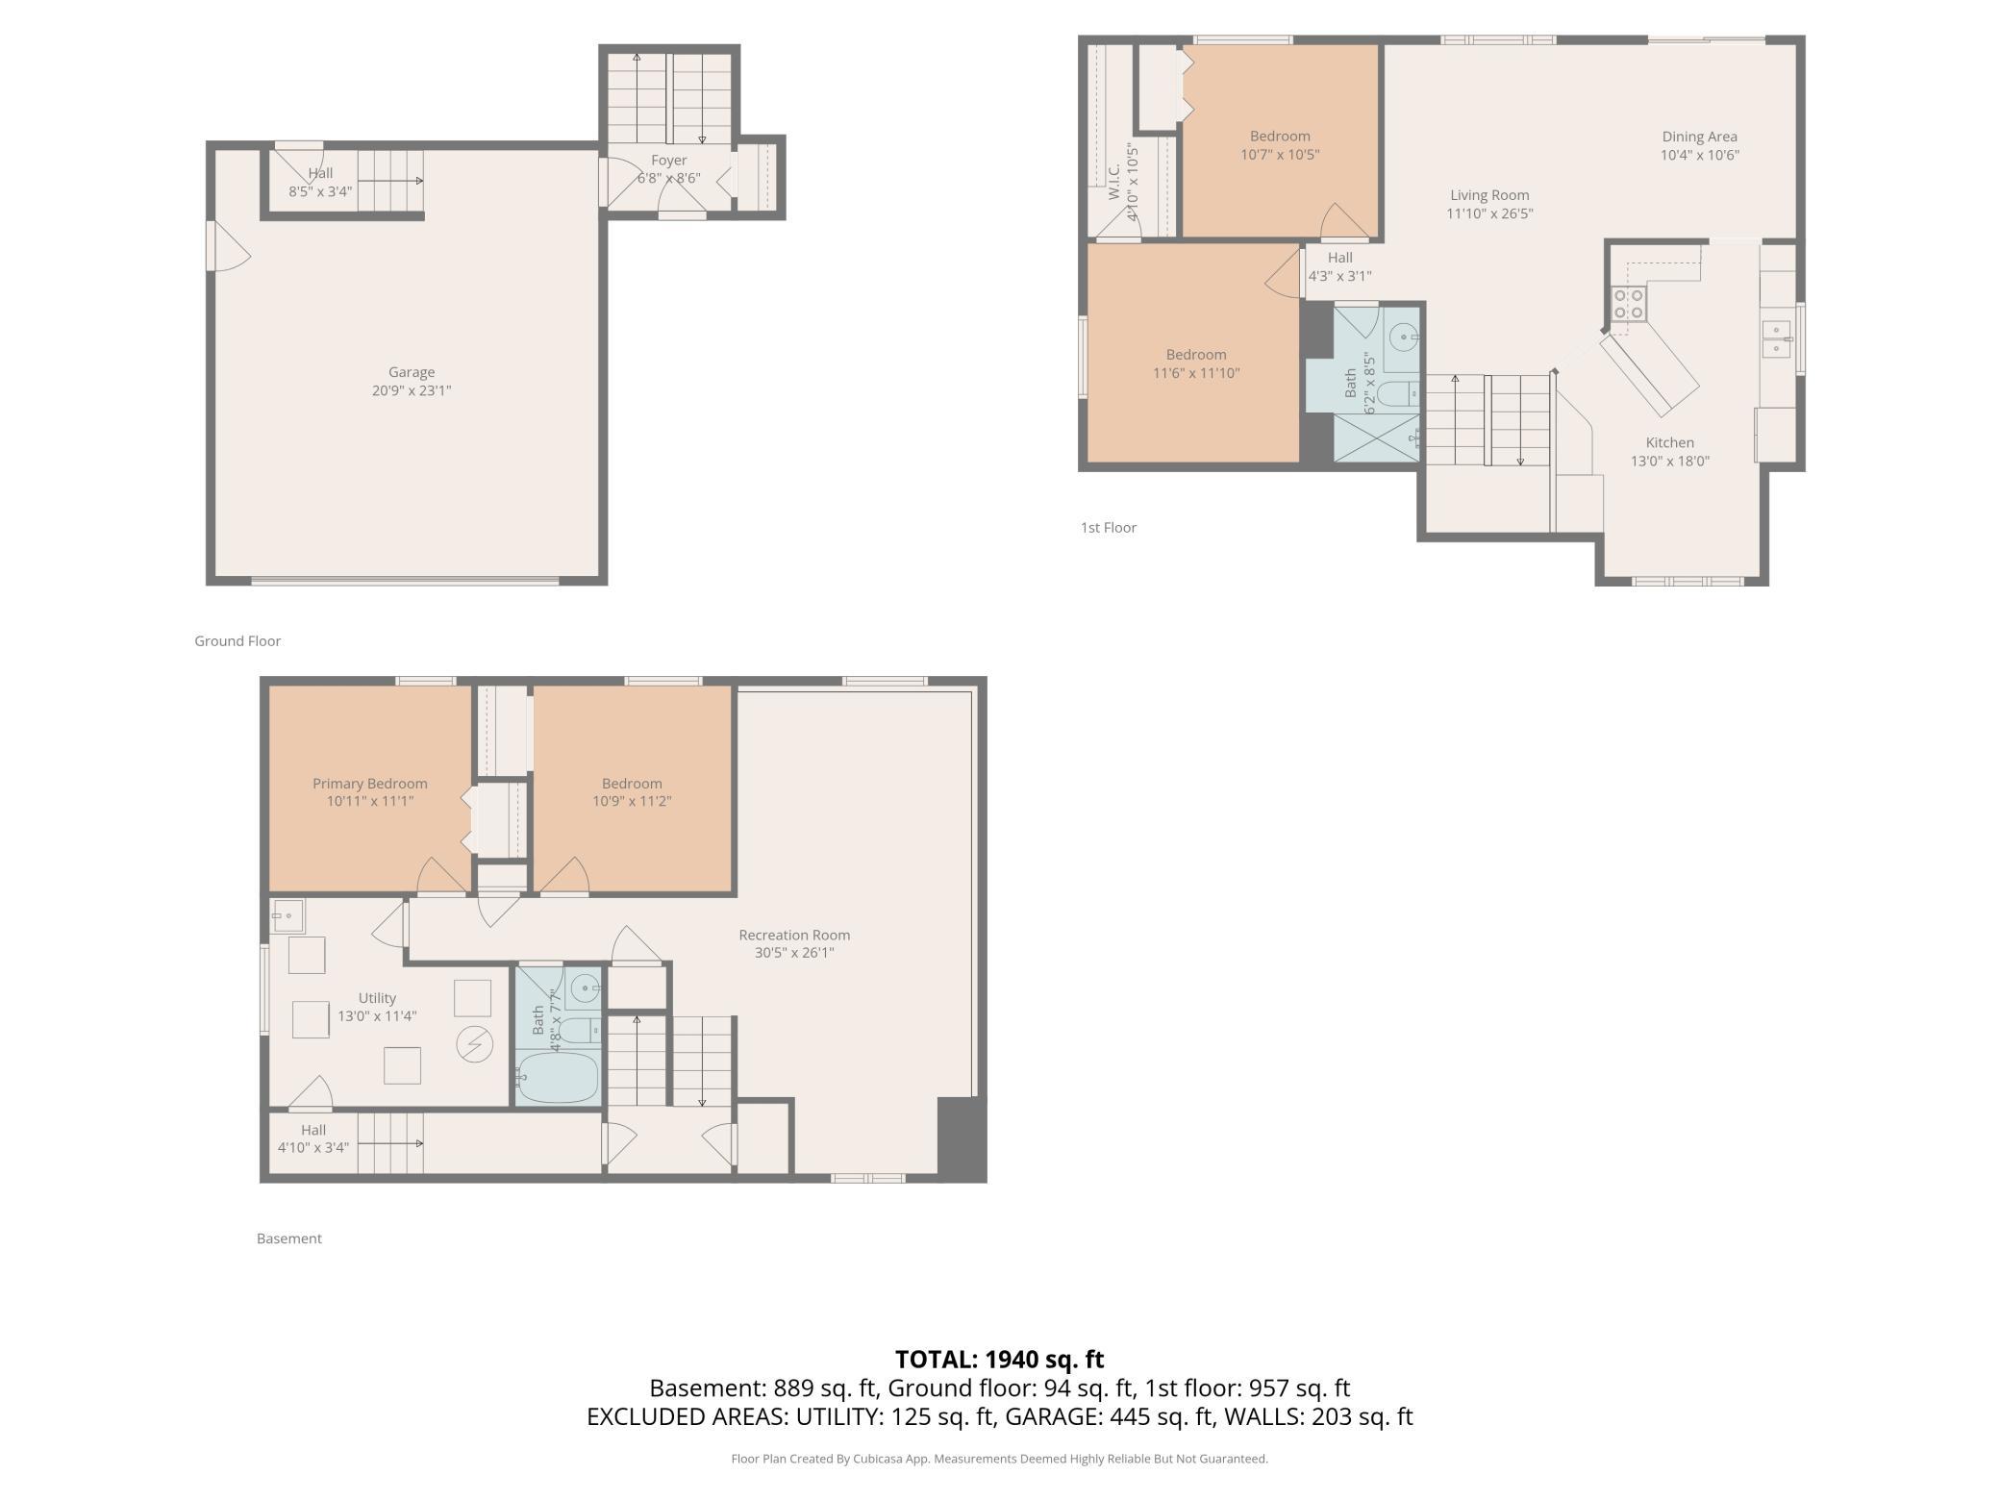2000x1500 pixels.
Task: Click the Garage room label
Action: pyautogui.click(x=412, y=372)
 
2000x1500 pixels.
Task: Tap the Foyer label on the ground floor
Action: pyautogui.click(x=668, y=161)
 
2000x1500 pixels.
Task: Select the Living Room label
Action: pyautogui.click(x=1489, y=195)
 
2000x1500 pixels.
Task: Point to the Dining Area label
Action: pyautogui.click(x=1699, y=137)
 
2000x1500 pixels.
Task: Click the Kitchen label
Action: pyautogui.click(x=1670, y=442)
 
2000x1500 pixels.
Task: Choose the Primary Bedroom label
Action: pyautogui.click(x=370, y=784)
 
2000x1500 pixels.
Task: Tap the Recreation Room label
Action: pyautogui.click(x=794, y=935)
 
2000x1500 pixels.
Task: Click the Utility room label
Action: pyautogui.click(x=377, y=998)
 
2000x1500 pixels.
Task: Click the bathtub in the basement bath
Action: pyautogui.click(x=558, y=1077)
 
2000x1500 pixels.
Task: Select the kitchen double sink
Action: pyautogui.click(x=1778, y=339)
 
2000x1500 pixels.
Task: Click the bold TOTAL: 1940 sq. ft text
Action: pyautogui.click(x=999, y=1360)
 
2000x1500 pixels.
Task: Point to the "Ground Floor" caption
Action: pyautogui.click(x=237, y=641)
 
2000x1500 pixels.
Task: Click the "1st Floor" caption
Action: pyautogui.click(x=1109, y=528)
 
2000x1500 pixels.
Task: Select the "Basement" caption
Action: pyautogui.click(x=289, y=1238)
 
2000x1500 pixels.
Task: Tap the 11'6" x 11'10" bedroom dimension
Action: pyautogui.click(x=1196, y=373)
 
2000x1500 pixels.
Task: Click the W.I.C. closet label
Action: pyautogui.click(x=1114, y=183)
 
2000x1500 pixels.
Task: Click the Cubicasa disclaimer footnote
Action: pyautogui.click(x=1000, y=1459)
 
